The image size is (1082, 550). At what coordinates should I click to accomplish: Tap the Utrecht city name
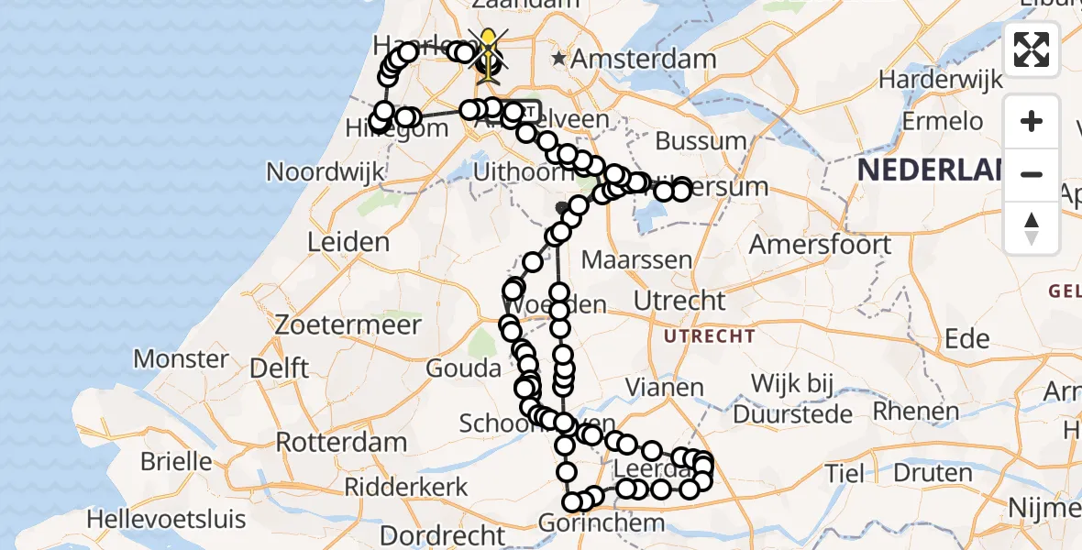pos(680,300)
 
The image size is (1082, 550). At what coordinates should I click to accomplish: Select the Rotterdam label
pos(341,442)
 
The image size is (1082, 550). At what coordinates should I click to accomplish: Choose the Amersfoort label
pos(820,245)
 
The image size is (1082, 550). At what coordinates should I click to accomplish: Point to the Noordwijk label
pos(325,171)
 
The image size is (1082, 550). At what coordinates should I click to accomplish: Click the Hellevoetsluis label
pos(166,519)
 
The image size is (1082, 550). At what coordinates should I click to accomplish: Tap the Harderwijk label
pos(940,80)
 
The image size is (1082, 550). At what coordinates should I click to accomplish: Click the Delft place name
pos(279,368)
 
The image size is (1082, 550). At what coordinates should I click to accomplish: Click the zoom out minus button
pos(1032,173)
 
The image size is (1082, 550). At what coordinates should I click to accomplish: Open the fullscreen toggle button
pos(1032,49)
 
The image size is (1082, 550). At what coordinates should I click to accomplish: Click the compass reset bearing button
pos(1032,226)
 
